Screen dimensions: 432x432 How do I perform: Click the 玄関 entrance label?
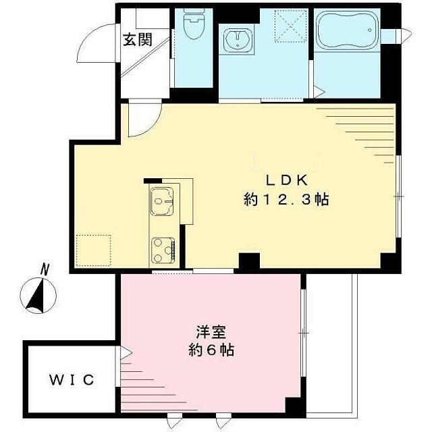pos(137,39)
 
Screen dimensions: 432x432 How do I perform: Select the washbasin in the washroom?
pos(236,40)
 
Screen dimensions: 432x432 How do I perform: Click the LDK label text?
pos(286,180)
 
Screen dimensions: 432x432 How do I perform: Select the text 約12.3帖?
pos(286,200)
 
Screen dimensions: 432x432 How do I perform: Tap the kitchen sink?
pos(162,199)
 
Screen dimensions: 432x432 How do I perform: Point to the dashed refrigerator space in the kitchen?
pos(92,250)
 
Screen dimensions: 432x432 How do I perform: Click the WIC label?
pos(71,380)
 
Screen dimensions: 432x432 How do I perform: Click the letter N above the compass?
pos(45,269)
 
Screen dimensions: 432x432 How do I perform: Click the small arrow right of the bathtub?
pos(406,34)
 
